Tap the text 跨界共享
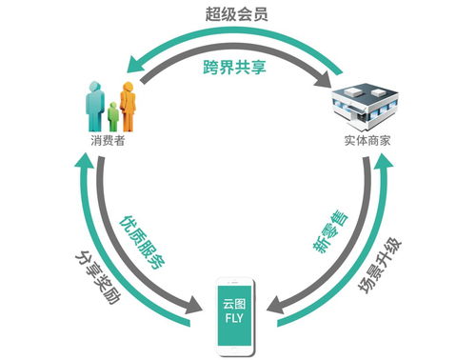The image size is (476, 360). click(236, 67)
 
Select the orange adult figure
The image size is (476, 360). click(127, 103)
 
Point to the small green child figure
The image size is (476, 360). click(113, 117)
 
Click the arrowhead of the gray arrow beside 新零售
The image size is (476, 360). click(277, 307)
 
